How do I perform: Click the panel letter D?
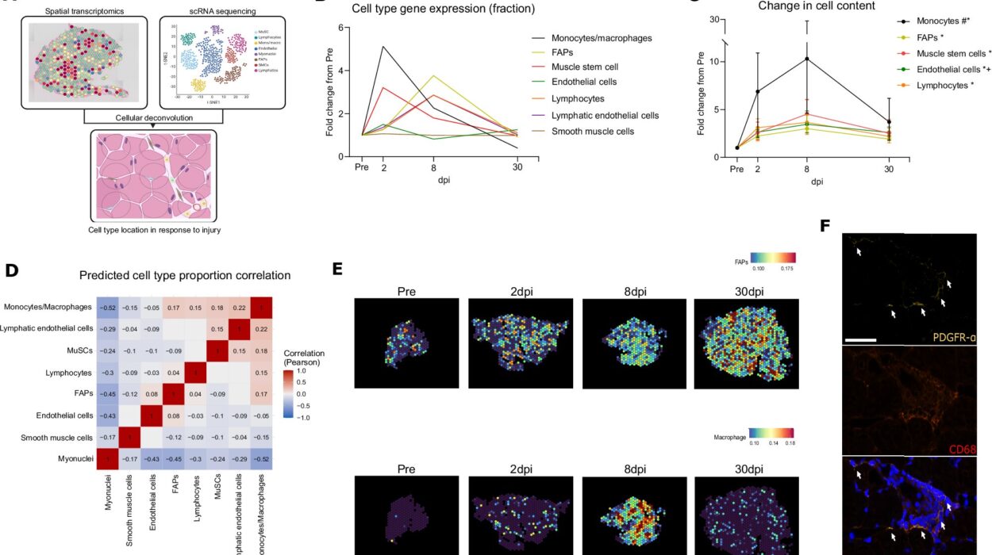[x=11, y=270]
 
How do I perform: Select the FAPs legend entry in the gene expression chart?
[x=546, y=52]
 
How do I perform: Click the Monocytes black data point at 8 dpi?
[x=807, y=59]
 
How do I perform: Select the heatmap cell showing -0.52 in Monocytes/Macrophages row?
[x=109, y=307]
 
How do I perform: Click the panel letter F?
[x=825, y=226]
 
